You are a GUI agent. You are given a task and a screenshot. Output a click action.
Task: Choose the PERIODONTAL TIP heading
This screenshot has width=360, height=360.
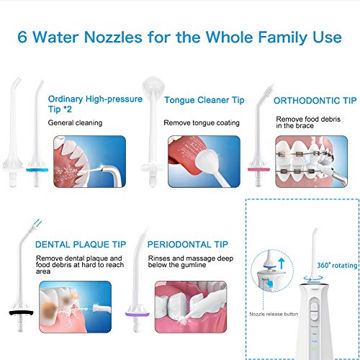(x=188, y=245)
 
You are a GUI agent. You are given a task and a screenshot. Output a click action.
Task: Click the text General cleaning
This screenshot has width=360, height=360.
(x=75, y=123)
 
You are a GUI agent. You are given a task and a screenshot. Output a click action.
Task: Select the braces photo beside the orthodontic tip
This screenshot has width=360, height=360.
(x=307, y=162)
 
